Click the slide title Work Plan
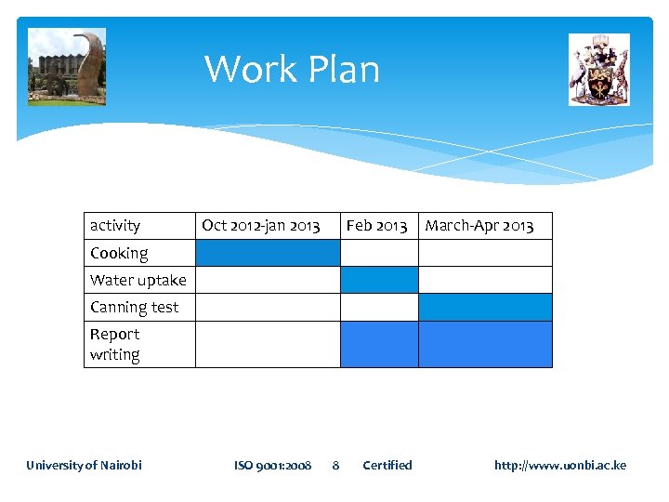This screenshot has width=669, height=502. [292, 70]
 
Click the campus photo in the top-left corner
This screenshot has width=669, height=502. [67, 67]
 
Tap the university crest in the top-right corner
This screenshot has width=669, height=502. [599, 70]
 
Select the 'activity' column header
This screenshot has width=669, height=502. [115, 225]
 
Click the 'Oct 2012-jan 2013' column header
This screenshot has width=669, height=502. [261, 225]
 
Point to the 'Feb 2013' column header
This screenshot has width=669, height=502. [376, 225]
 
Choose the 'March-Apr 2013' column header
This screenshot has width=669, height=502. [479, 225]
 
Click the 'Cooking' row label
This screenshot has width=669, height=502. [119, 253]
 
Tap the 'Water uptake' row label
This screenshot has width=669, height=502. [138, 280]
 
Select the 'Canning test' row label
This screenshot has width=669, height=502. [135, 307]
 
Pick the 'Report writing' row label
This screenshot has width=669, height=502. [115, 344]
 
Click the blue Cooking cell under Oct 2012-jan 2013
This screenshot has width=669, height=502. [268, 253]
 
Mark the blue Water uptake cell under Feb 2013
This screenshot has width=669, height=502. [379, 280]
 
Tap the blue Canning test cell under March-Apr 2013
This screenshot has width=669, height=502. [485, 307]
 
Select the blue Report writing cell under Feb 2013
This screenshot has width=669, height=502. [379, 344]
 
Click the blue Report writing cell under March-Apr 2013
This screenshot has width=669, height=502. [485, 344]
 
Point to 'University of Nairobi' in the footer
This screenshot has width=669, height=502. [84, 465]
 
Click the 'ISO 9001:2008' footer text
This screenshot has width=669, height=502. [273, 465]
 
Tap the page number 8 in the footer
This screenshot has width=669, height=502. [336, 465]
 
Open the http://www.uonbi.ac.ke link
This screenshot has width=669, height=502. [560, 465]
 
